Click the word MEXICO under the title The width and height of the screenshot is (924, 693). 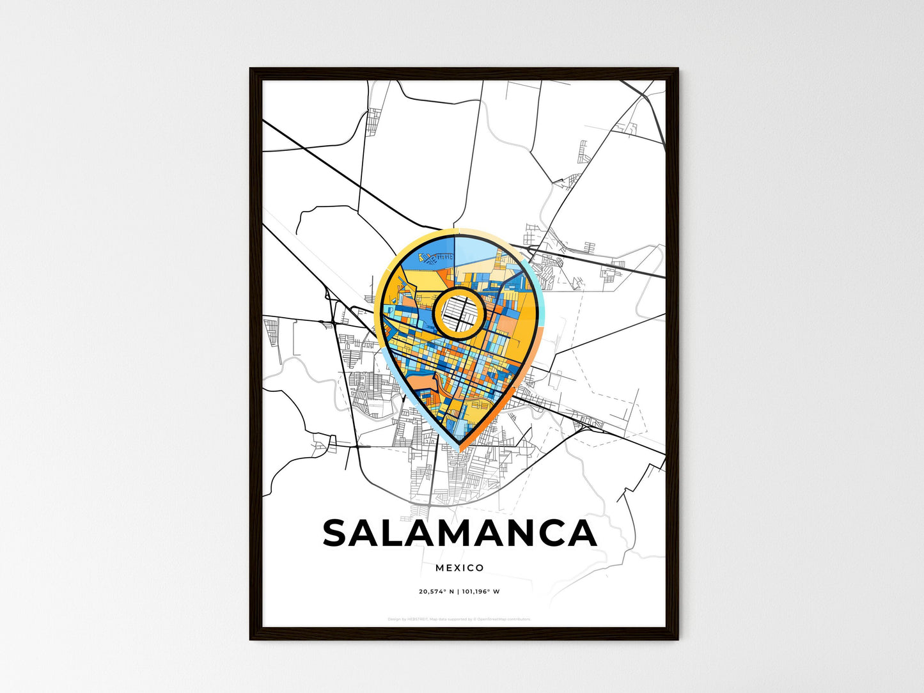tap(460, 568)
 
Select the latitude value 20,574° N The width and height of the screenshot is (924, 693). tap(436, 591)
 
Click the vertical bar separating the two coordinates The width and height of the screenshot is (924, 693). tap(458, 591)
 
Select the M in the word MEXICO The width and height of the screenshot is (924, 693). tap(440, 568)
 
